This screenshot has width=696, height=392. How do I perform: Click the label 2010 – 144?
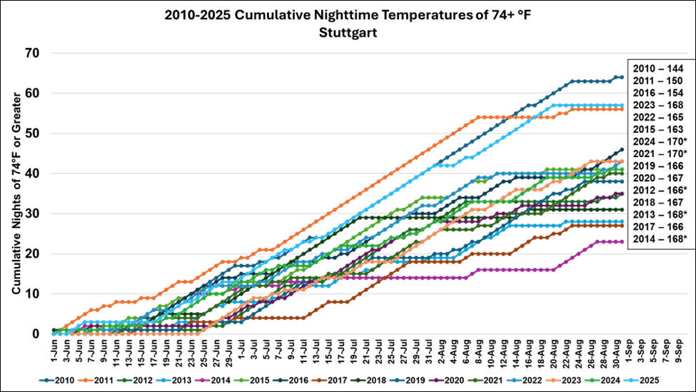[x=658, y=69]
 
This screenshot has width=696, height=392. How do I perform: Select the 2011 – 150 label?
[x=658, y=81]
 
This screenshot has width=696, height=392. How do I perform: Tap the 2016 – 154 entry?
[x=658, y=93]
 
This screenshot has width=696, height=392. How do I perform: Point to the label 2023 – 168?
[x=658, y=105]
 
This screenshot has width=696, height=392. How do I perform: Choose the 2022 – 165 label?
[x=658, y=117]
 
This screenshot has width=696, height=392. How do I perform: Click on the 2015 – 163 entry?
[x=658, y=129]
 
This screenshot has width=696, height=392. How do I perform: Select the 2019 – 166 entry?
[x=658, y=166]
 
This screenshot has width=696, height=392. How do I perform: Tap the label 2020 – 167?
[x=658, y=178]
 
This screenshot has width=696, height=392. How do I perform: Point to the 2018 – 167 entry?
[x=658, y=202]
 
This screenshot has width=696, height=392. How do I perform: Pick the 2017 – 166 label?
[x=658, y=226]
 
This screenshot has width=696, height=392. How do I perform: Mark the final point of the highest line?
[x=622, y=77]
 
